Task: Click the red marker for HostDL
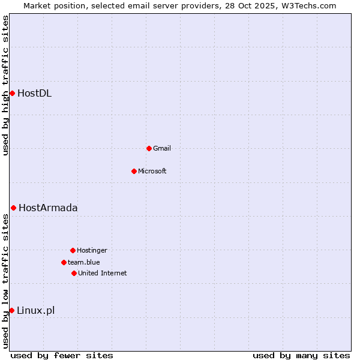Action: tap(12, 93)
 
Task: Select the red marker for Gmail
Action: tap(149, 148)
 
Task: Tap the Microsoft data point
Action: tap(134, 171)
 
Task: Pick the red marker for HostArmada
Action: tap(13, 208)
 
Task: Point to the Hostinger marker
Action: tap(73, 250)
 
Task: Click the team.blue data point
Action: tap(64, 262)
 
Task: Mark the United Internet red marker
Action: tap(74, 273)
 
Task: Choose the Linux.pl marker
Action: tap(11, 310)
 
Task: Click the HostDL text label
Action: tap(34, 93)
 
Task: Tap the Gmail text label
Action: tap(162, 148)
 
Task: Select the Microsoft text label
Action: tap(152, 171)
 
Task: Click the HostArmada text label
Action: tap(48, 208)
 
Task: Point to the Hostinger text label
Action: tap(92, 250)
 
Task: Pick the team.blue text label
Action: tap(84, 262)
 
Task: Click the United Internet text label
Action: tap(103, 273)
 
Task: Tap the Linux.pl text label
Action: tap(35, 310)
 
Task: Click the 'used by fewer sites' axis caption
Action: tap(62, 355)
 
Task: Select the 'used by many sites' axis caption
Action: tap(301, 355)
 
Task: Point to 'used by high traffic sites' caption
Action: tap(5, 85)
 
